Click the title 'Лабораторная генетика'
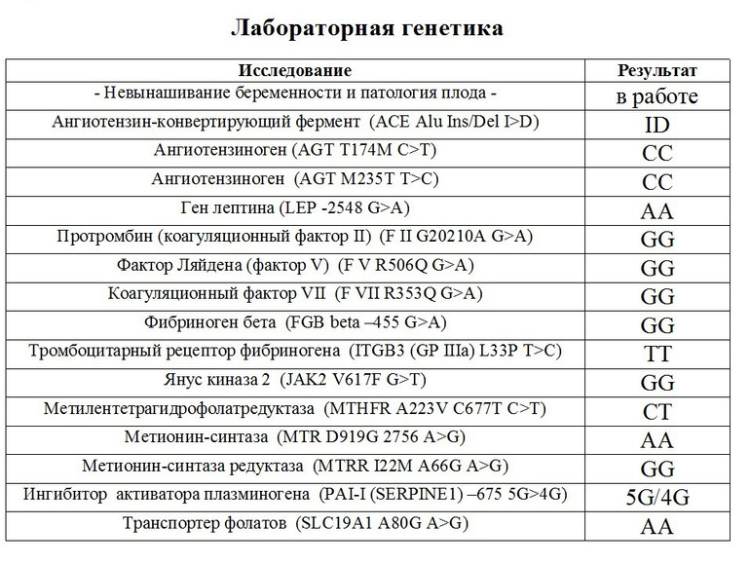click(366, 28)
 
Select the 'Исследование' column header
click(295, 71)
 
